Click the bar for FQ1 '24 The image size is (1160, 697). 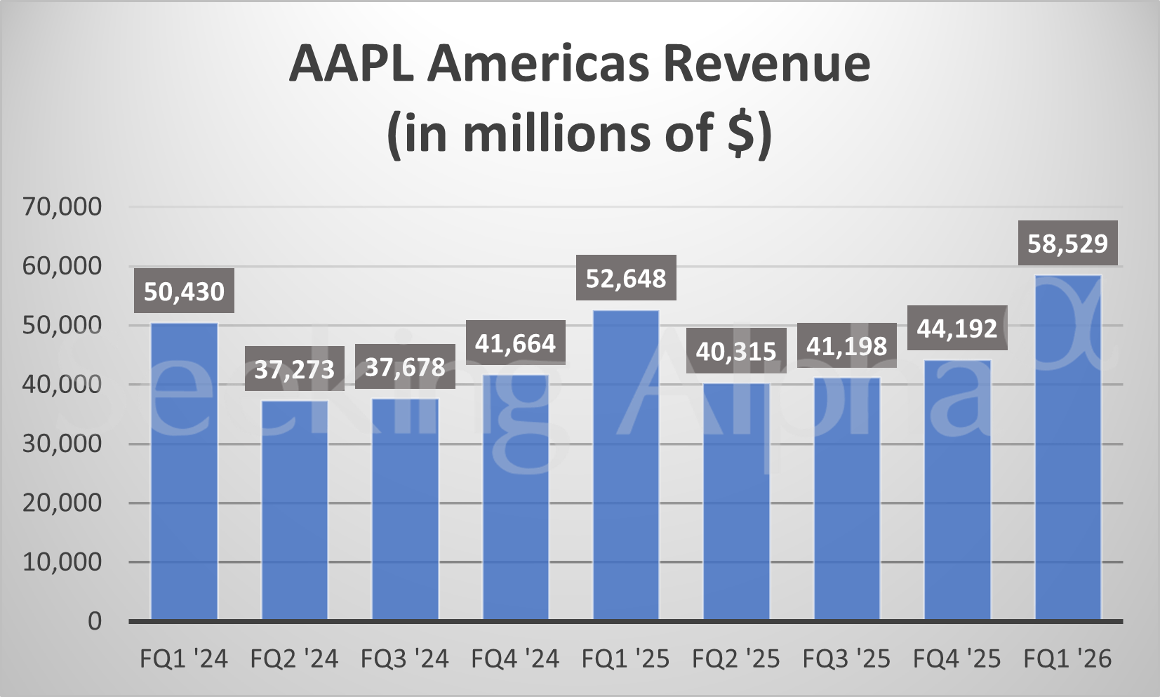(184, 471)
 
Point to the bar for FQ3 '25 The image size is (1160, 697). (847, 498)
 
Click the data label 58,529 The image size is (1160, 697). (1067, 244)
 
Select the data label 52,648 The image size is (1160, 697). (626, 279)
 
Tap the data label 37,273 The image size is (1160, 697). (295, 369)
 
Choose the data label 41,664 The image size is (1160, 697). (515, 343)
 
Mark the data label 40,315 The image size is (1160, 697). (736, 351)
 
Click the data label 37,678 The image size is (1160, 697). (405, 367)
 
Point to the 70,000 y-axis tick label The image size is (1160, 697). (62, 206)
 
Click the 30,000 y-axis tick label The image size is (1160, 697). (62, 444)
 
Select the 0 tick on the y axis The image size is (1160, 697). (94, 621)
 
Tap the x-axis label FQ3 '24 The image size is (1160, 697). (405, 659)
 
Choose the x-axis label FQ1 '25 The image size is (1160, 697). (626, 659)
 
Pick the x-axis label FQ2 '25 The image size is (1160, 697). (736, 659)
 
